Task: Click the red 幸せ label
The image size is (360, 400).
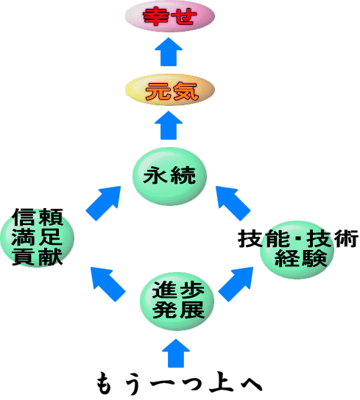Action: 169,17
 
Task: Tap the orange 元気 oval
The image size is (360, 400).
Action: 169,90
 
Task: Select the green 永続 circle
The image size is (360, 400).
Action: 169,176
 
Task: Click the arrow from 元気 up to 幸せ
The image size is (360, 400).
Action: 169,51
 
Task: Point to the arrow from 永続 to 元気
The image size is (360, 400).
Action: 169,125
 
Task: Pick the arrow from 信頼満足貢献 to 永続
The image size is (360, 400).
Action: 103,204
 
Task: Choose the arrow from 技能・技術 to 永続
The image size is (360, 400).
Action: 233,204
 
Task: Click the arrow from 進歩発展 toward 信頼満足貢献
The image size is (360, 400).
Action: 108,284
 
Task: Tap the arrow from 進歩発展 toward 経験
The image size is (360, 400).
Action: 236,284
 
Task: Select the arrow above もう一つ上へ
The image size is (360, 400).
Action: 176,354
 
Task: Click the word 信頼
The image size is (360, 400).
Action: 38,217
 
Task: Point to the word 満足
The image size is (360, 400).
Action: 37,237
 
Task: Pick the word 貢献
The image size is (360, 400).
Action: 38,257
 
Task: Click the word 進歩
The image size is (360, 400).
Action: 178,290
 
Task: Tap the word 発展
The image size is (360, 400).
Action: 179,310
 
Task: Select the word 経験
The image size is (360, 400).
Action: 301,258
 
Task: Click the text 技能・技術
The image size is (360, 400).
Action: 298,238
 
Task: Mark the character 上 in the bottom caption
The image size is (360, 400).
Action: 222,383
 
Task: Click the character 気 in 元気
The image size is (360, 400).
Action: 186,91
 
